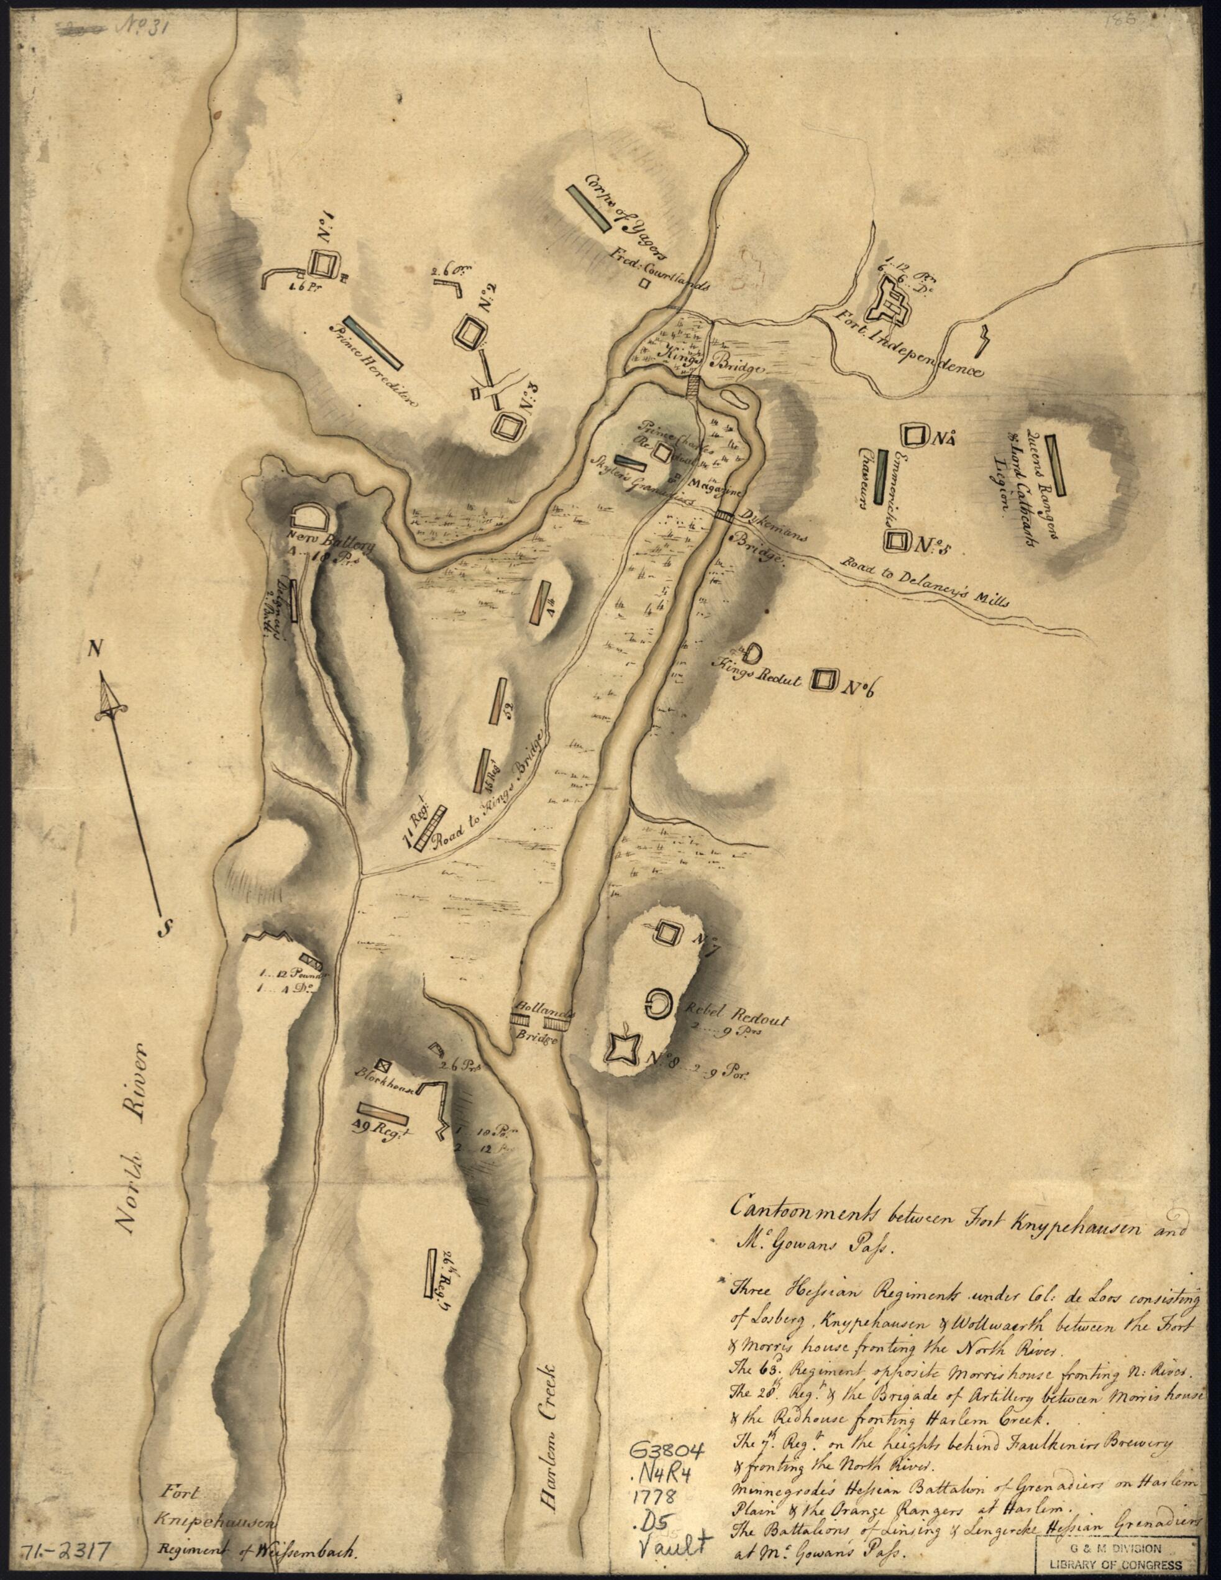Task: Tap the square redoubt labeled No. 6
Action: [x=824, y=678]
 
